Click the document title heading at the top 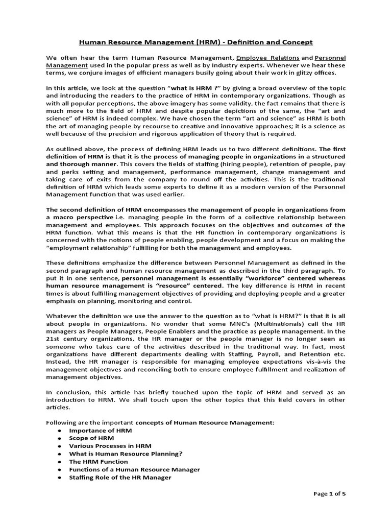click(195, 42)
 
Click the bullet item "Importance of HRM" click(93, 431)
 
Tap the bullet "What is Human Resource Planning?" click(126, 454)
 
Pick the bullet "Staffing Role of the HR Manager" click(120, 477)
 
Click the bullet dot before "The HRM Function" click(59, 462)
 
